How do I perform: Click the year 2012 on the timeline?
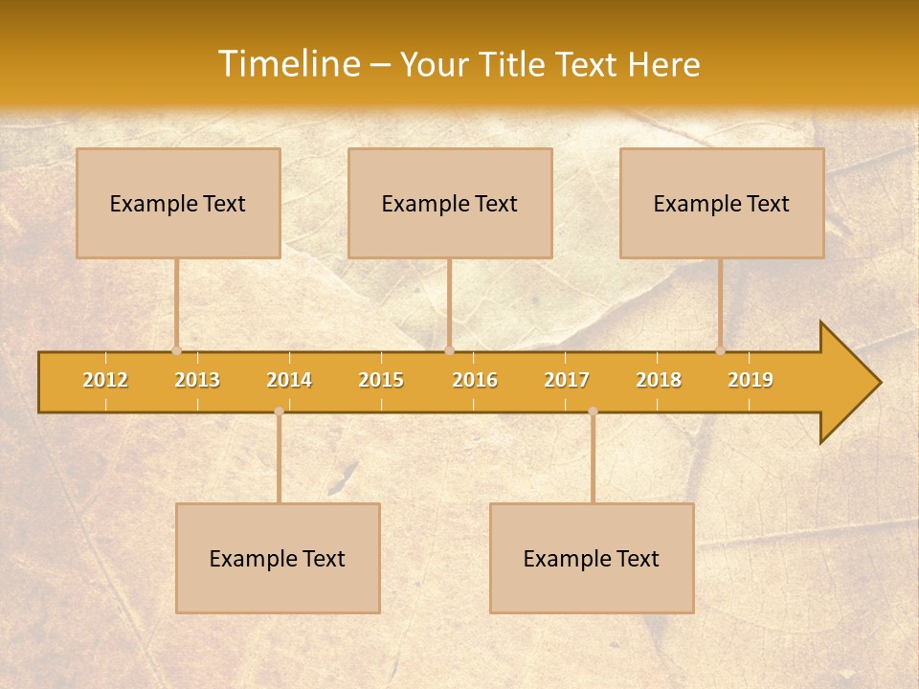[x=105, y=380]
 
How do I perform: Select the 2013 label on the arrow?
[x=197, y=380]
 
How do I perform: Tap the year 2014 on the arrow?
[x=289, y=380]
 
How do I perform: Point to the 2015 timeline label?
[x=381, y=380]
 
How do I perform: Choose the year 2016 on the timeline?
[x=475, y=380]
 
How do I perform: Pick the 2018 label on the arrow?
[x=659, y=380]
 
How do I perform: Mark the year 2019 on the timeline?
[x=751, y=380]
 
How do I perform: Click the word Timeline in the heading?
[x=287, y=64]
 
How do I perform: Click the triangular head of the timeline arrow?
[x=848, y=383]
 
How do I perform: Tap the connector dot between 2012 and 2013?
[x=176, y=351]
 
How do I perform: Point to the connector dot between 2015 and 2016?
[x=449, y=351]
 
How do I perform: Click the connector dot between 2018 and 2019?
[x=720, y=351]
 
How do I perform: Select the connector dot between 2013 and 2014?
[x=279, y=411]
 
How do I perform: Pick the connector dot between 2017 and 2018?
[x=593, y=411]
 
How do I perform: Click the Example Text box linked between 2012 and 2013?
[x=178, y=203]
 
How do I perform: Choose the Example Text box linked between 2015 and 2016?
[x=450, y=203]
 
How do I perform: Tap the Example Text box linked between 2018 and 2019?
[x=722, y=203]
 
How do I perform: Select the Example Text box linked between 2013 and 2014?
[x=278, y=558]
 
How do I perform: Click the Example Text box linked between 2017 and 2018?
[x=592, y=558]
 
